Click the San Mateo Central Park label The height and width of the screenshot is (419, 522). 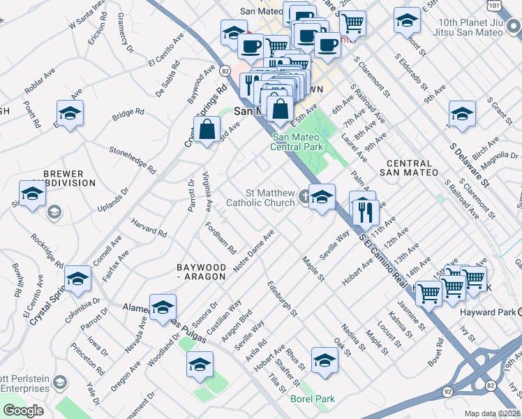298,142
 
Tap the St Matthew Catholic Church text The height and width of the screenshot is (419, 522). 260,198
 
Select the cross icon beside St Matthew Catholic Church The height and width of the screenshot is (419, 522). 305,198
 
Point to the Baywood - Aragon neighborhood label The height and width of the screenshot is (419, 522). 201,272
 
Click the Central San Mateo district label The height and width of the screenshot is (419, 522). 410,167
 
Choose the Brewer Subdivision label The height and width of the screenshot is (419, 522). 63,178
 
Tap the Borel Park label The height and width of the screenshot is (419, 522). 312,399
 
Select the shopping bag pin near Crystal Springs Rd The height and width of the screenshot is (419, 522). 207,129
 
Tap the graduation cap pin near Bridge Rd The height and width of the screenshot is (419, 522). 70,113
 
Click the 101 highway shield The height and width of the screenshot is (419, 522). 494,6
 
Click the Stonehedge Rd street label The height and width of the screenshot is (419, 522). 133,159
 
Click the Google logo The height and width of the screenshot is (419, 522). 23,411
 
